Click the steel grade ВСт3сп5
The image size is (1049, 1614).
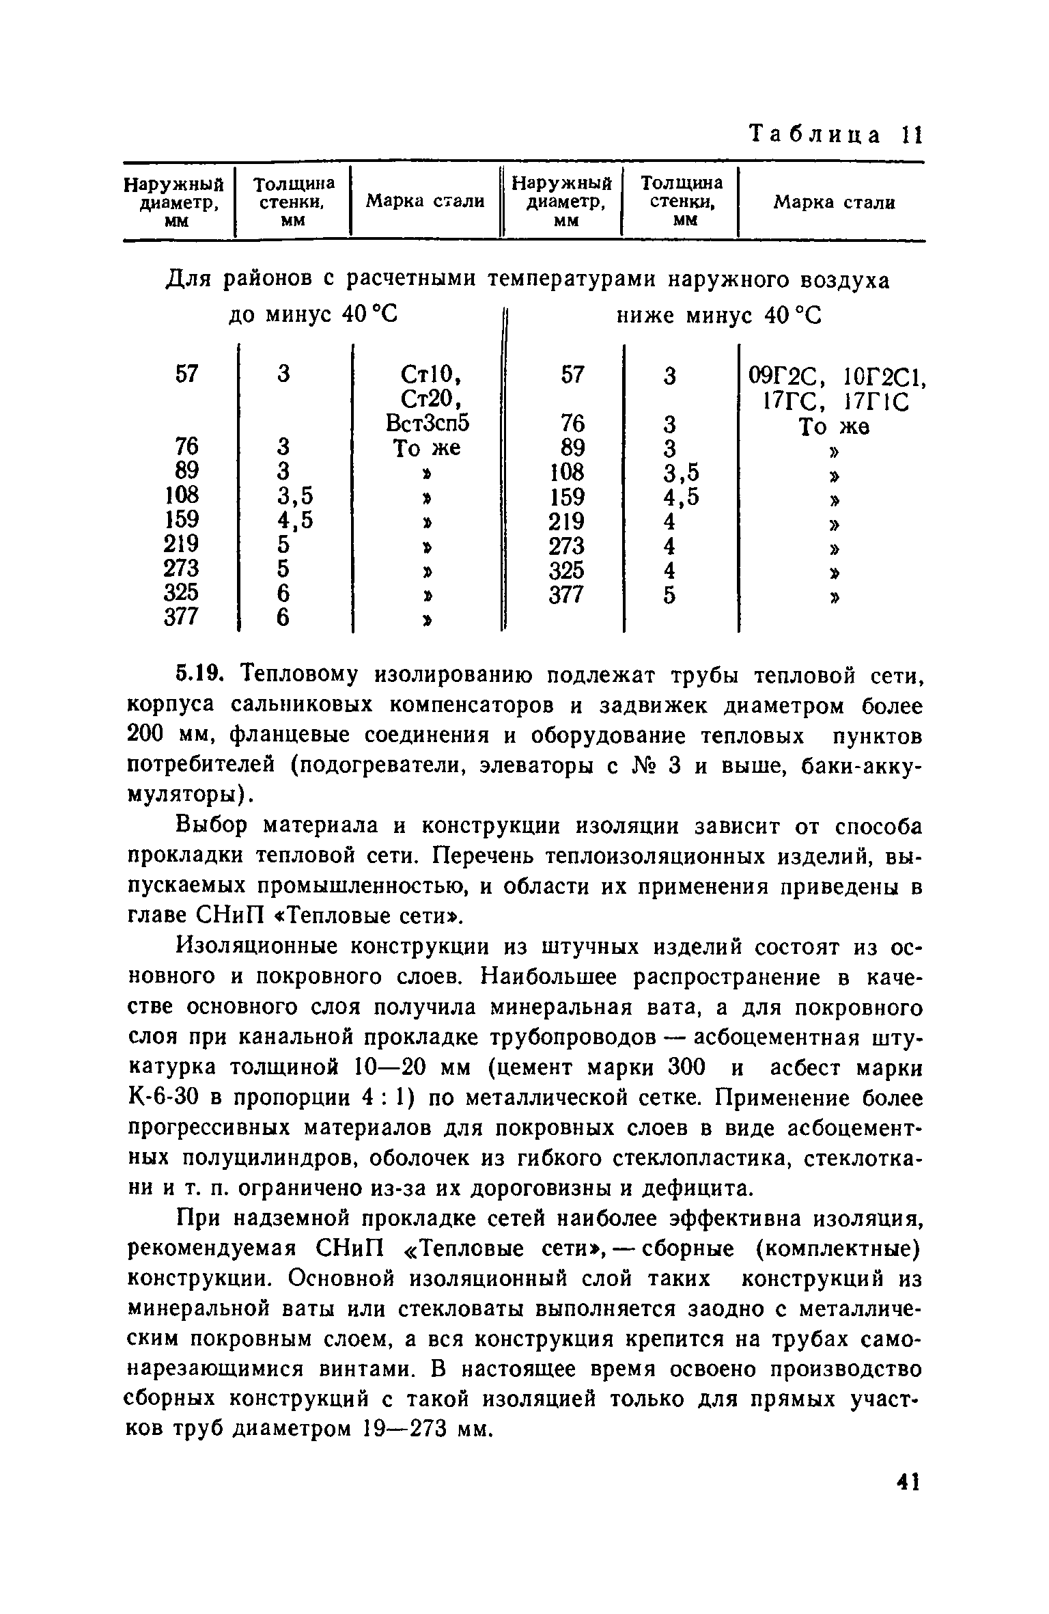pos(428,424)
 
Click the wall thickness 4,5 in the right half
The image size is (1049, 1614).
pos(681,497)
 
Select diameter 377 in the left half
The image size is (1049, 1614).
pos(181,617)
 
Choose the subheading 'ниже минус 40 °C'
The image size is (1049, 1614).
pos(719,316)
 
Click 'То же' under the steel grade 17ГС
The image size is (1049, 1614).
pos(833,427)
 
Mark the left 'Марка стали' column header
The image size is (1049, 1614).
pos(425,202)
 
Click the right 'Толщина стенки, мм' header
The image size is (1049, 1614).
pos(681,202)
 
